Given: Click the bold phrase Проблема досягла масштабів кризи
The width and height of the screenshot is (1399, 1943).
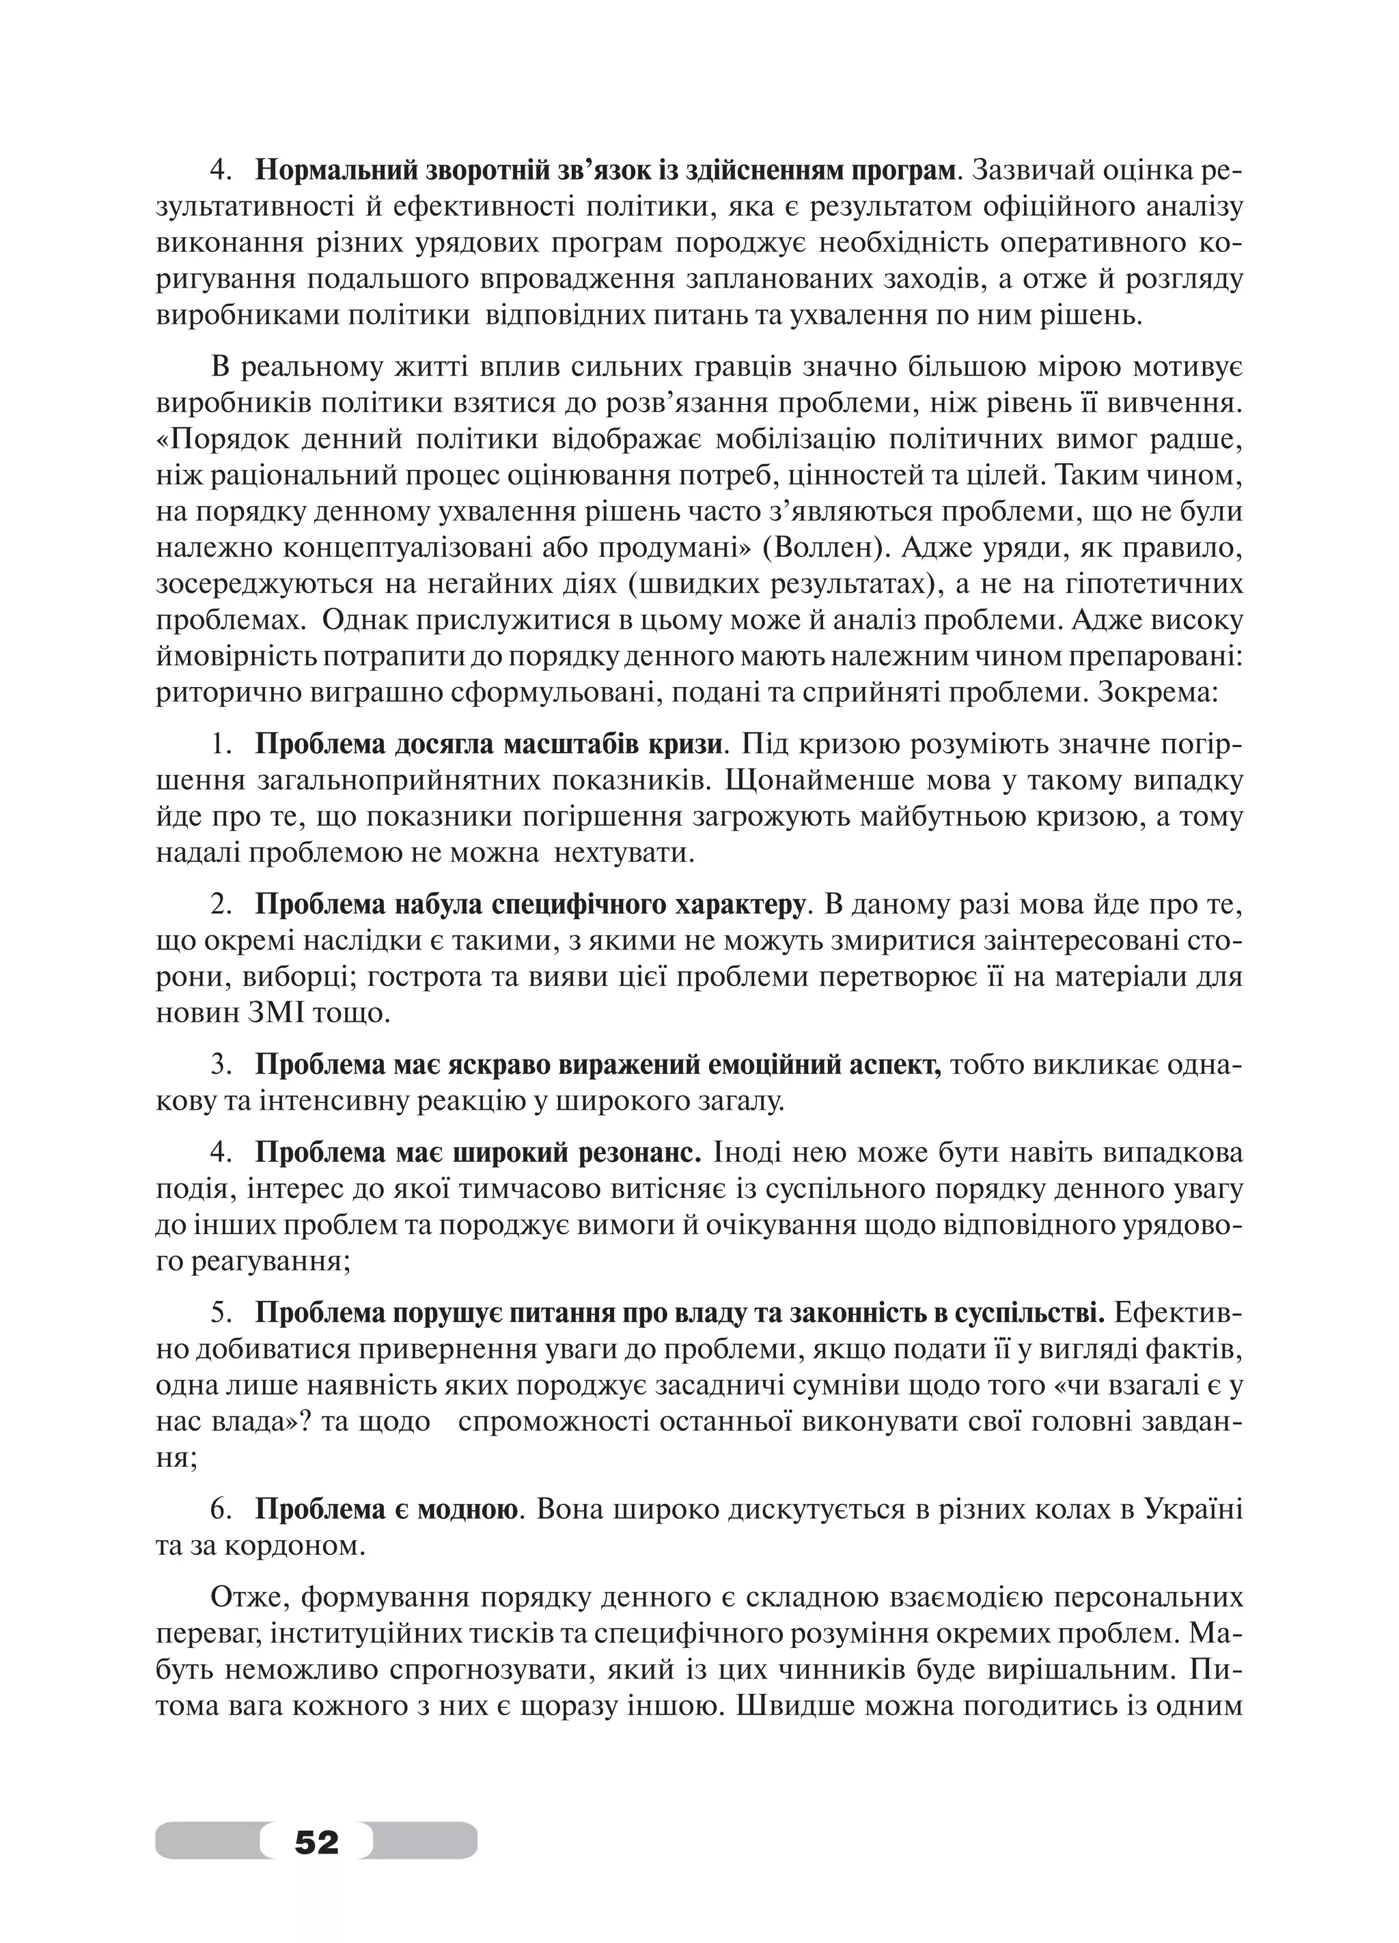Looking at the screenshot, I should pyautogui.click(x=488, y=744).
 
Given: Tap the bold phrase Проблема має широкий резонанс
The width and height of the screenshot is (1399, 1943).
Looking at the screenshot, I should pyautogui.click(x=479, y=1153).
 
